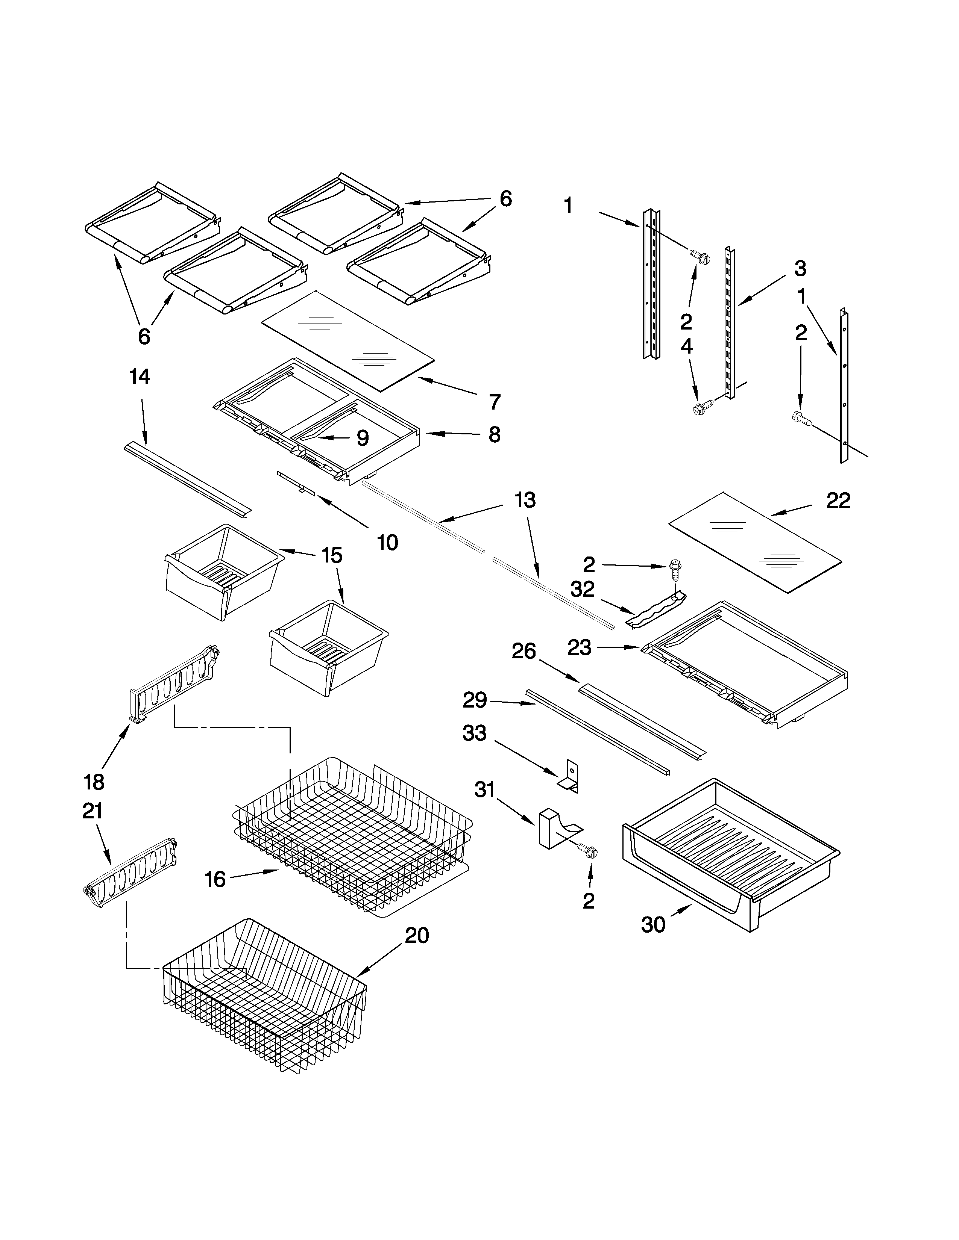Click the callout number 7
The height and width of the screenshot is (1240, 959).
coord(494,401)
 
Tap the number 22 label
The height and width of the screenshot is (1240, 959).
coord(838,500)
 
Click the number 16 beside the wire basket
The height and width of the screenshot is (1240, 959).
coord(215,880)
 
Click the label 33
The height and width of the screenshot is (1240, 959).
coord(474,733)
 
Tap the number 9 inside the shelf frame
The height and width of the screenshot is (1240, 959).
coord(363,438)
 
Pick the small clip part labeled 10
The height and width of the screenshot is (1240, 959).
coord(296,482)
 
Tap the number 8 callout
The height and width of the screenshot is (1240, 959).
coord(494,434)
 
